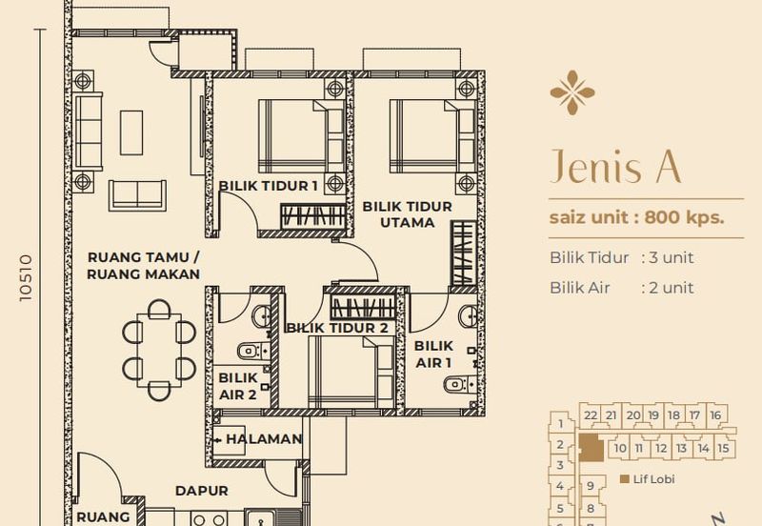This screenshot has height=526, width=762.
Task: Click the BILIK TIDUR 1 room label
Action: click(269, 186)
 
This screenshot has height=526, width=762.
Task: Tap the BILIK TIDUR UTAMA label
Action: click(408, 214)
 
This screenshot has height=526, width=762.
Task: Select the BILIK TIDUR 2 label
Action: click(337, 328)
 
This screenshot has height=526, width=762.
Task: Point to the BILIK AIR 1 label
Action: click(433, 354)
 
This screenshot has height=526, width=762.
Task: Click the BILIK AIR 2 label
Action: click(237, 386)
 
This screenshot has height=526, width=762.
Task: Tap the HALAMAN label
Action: click(265, 439)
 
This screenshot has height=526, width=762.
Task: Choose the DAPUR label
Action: click(202, 491)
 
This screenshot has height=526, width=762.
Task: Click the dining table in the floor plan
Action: click(159, 350)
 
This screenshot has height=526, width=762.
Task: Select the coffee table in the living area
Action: click(131, 132)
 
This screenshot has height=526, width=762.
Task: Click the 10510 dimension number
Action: click(26, 277)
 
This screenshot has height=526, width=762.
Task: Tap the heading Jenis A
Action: click(615, 166)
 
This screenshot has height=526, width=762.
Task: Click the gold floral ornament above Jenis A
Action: click(572, 92)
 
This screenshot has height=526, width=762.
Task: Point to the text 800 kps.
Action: click(684, 217)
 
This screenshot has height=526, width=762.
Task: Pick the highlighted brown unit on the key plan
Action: click(591, 447)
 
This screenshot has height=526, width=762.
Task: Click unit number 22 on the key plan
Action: click(591, 415)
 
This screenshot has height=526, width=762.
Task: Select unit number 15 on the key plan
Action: click(723, 448)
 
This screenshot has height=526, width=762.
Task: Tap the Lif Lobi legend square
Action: click(625, 479)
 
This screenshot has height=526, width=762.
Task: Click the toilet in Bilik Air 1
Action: click(456, 385)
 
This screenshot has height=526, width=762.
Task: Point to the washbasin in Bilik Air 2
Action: click(261, 316)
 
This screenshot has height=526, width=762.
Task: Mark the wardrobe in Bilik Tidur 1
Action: click(313, 216)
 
